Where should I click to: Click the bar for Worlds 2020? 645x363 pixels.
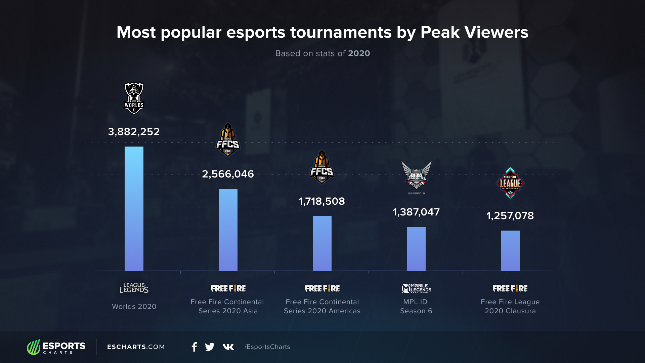[x=134, y=208]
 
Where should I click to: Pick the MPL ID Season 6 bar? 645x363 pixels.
[x=416, y=249]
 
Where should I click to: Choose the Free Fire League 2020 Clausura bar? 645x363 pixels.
[x=510, y=250]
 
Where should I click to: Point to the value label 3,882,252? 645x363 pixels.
[x=134, y=131]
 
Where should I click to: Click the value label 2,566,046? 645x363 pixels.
[x=228, y=174]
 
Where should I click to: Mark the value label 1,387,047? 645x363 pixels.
[x=416, y=212]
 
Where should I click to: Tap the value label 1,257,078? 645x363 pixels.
[x=510, y=215]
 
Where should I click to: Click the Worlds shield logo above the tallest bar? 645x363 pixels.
[x=134, y=98]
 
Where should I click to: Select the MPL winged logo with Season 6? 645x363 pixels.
[x=416, y=177]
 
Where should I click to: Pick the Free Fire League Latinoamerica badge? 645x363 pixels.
[x=510, y=183]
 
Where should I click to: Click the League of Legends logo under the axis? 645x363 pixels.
[x=134, y=288]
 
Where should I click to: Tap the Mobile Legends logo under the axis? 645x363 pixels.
[x=416, y=288]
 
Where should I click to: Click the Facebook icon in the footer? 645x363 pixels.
[x=194, y=347]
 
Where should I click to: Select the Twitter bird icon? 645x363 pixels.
[x=210, y=347]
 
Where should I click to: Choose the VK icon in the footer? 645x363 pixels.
[x=228, y=347]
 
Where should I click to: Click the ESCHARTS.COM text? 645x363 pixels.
[x=136, y=347]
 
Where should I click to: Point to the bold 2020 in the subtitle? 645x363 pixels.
[x=359, y=53]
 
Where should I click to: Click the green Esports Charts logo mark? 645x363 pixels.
[x=34, y=347]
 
